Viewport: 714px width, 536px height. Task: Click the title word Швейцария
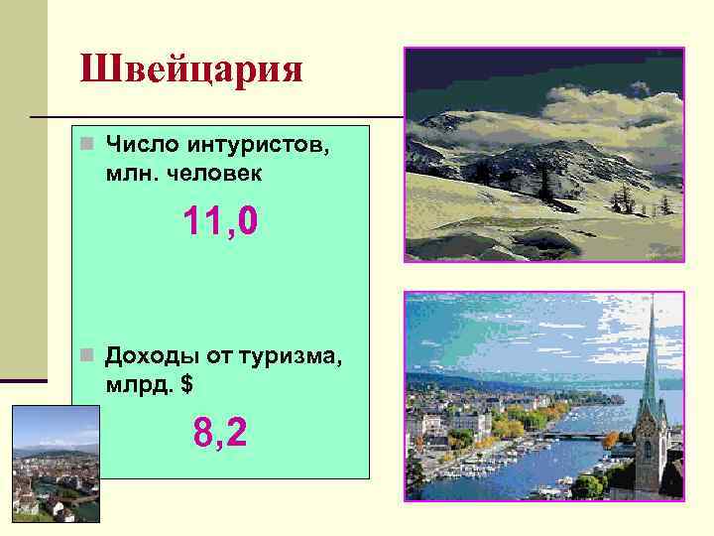[x=191, y=70]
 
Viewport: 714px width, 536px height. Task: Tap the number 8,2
[x=220, y=432]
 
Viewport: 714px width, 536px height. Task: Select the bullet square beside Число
[x=87, y=146]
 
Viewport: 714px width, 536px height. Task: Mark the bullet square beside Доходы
[x=87, y=355]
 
